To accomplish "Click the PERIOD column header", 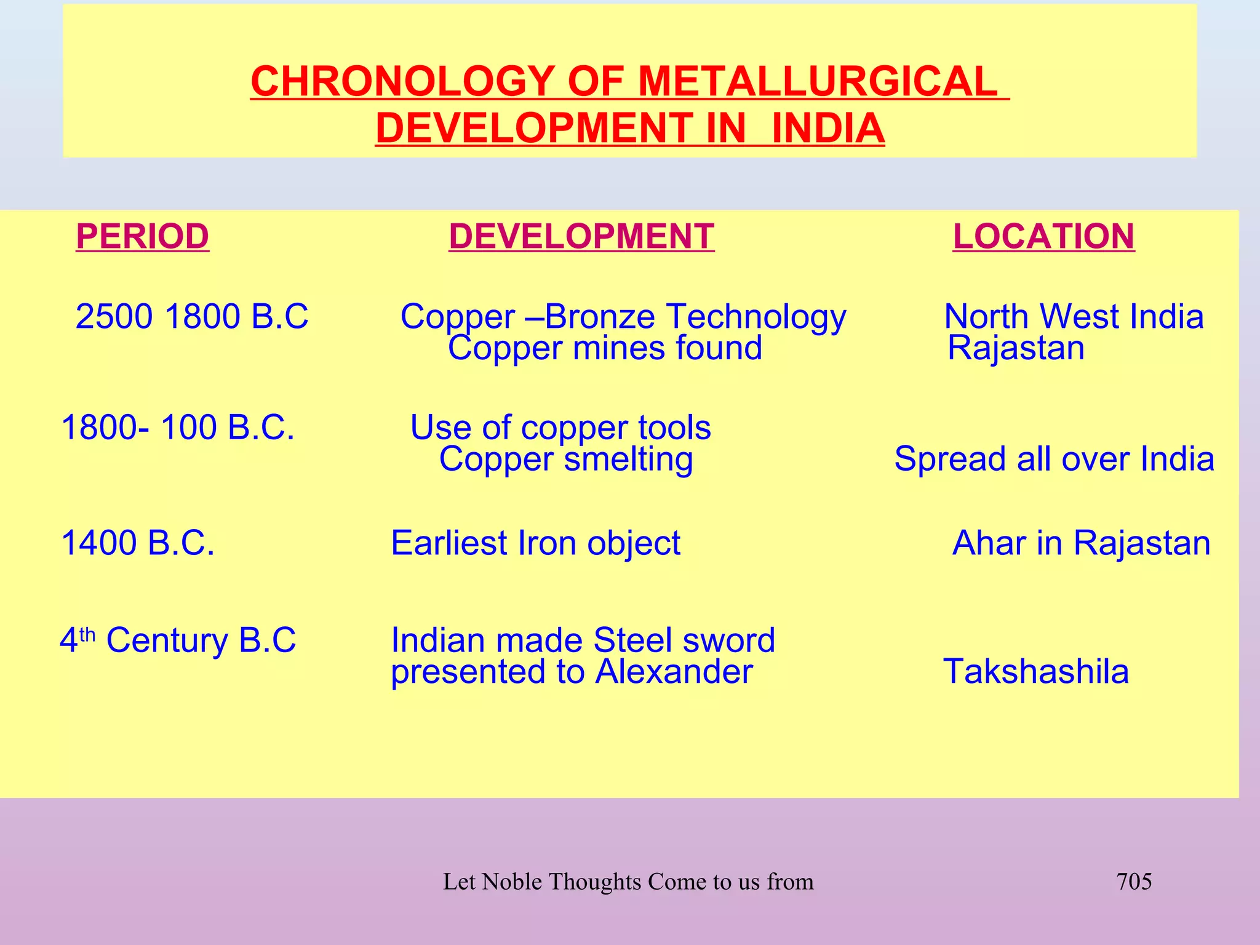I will (x=142, y=236).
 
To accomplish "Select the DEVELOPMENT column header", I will (x=581, y=236).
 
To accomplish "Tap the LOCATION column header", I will (x=1043, y=236).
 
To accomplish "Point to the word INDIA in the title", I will (x=827, y=128).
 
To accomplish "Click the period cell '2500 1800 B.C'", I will (x=191, y=317).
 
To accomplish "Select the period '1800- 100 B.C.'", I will (x=178, y=428).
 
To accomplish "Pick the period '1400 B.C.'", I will (x=138, y=543).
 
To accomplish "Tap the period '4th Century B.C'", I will (x=178, y=640).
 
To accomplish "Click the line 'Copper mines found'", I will (x=605, y=348).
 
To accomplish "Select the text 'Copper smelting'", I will (x=566, y=460).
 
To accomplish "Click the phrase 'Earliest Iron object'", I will (x=535, y=543).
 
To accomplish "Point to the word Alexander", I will (x=674, y=672).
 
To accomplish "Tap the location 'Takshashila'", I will (x=1036, y=672).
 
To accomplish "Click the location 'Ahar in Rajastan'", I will (x=1081, y=543).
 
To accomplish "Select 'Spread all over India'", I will (x=1054, y=460).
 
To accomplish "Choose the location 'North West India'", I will (x=1074, y=317).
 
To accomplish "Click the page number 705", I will (x=1134, y=882).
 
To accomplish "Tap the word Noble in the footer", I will (x=512, y=882).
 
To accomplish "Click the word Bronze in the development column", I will (x=600, y=317).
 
